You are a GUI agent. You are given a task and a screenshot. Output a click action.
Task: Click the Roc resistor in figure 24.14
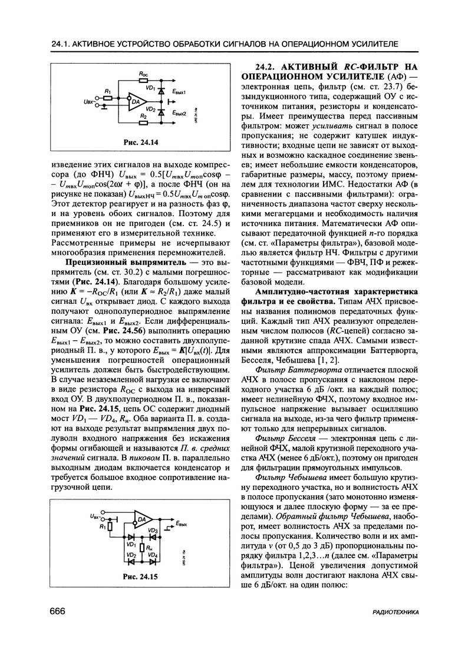143,78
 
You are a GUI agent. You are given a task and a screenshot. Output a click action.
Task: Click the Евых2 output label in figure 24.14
180,112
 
